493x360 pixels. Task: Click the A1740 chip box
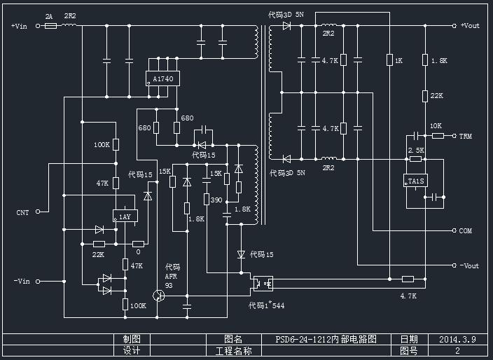pyautogui.click(x=162, y=78)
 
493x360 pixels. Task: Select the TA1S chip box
pyautogui.click(x=416, y=181)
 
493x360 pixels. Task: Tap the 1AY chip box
pyautogui.click(x=124, y=217)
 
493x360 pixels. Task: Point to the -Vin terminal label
pyautogui.click(x=22, y=281)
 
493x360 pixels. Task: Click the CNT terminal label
pyautogui.click(x=22, y=212)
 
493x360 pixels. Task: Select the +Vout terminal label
pyautogui.click(x=470, y=26)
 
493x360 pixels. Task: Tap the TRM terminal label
pyautogui.click(x=466, y=136)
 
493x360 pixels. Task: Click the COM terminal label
pyautogui.click(x=466, y=230)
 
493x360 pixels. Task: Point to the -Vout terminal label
pyautogui.click(x=469, y=265)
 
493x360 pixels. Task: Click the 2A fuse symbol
pyautogui.click(x=50, y=26)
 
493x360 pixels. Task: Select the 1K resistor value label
pyautogui.click(x=398, y=61)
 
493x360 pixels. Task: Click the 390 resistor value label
pyautogui.click(x=216, y=200)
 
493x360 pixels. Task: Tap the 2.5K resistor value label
pyautogui.click(x=416, y=150)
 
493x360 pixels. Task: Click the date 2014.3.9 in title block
pyautogui.click(x=457, y=339)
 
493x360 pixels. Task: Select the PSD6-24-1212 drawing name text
pyautogui.click(x=326, y=339)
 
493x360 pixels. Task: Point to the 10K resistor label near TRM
pyautogui.click(x=436, y=126)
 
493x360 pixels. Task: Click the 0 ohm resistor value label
pyautogui.click(x=138, y=251)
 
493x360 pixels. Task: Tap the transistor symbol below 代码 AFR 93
pyautogui.click(x=160, y=296)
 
